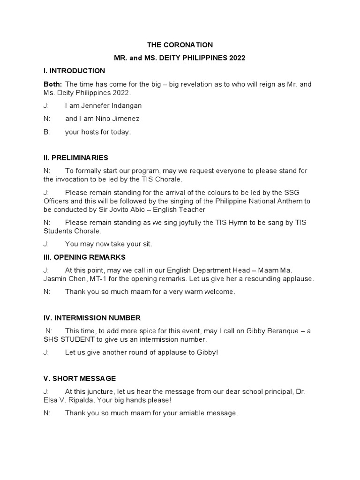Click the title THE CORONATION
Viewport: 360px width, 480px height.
point(180,45)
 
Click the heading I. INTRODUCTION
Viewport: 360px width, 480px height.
point(74,71)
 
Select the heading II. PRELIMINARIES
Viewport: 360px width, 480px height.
point(75,157)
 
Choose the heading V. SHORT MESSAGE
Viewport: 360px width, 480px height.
point(79,378)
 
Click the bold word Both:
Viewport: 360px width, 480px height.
point(52,84)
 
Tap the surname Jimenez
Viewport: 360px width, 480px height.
point(123,119)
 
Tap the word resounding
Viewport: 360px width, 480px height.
point(259,279)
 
